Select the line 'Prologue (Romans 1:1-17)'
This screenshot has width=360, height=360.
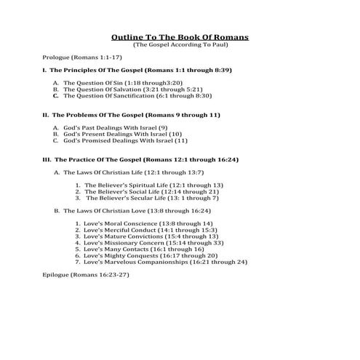[x=82, y=56]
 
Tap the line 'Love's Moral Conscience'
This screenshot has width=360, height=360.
[x=148, y=223]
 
